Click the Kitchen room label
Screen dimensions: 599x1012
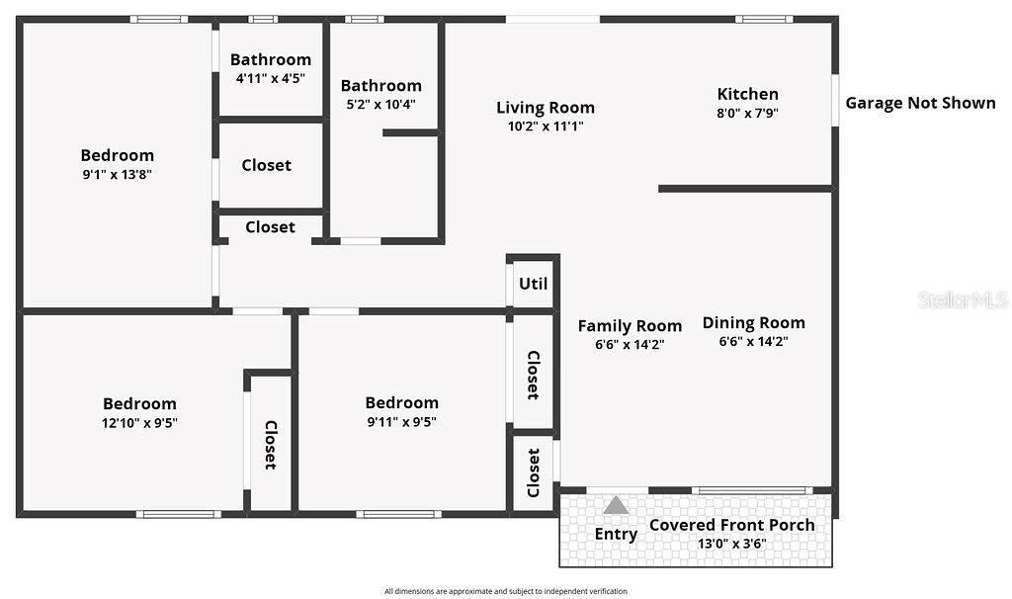click(747, 94)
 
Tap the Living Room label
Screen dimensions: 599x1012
click(546, 108)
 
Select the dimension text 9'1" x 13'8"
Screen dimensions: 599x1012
click(117, 174)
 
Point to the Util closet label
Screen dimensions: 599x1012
click(533, 284)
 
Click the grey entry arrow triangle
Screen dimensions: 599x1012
click(616, 505)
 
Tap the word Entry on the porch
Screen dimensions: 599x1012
click(616, 534)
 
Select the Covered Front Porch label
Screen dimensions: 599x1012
click(731, 525)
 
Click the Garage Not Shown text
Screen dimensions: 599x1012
click(920, 103)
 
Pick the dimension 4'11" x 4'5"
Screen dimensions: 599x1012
click(271, 78)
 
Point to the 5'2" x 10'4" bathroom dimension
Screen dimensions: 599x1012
click(380, 104)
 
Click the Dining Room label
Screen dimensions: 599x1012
click(753, 322)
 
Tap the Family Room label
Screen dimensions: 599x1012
click(630, 325)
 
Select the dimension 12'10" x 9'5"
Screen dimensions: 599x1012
click(139, 422)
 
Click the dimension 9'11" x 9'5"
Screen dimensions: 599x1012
click(401, 421)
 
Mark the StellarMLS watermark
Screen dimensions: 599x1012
click(962, 299)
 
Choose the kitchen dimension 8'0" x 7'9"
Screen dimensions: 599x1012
click(747, 114)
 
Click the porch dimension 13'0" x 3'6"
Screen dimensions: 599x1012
click(731, 544)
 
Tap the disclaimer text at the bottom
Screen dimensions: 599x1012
click(505, 591)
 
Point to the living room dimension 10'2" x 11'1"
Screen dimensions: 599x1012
click(546, 127)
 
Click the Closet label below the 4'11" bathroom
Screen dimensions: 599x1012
click(267, 165)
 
